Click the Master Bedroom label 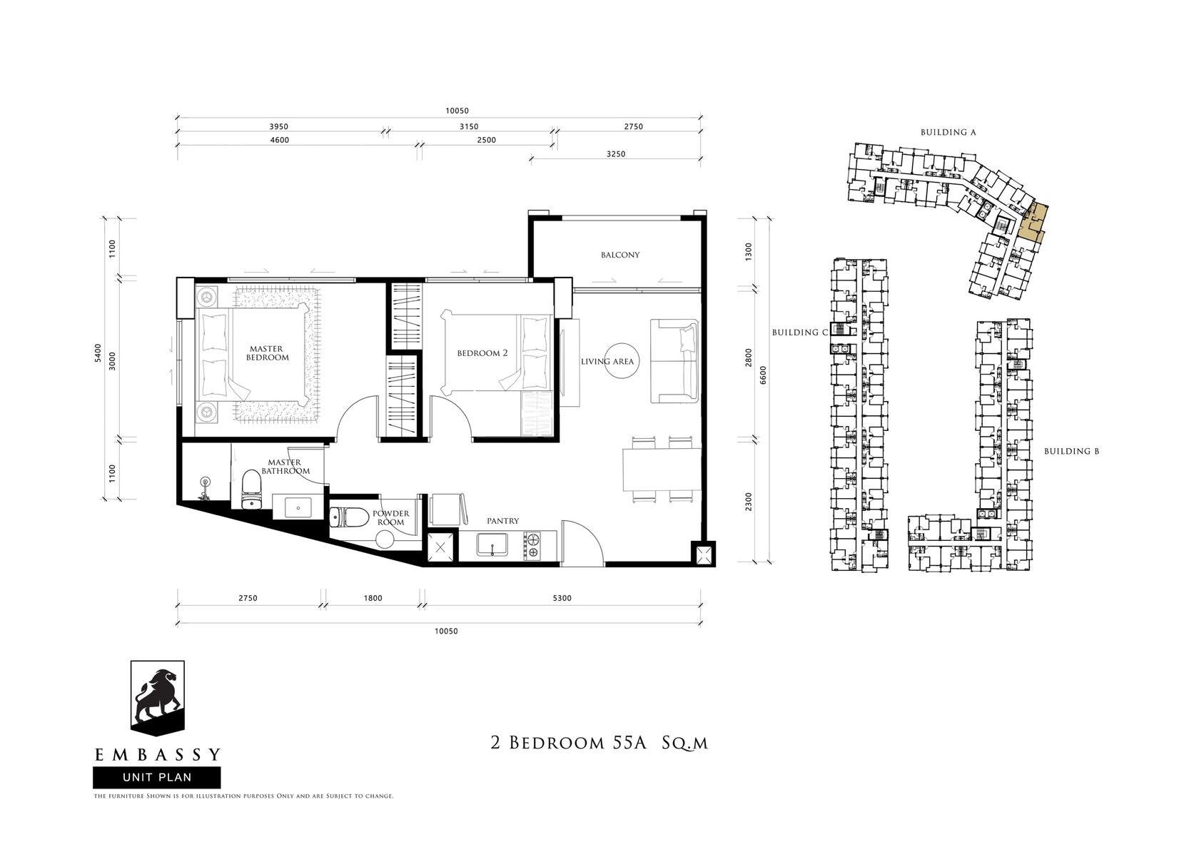(x=267, y=353)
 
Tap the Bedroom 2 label (x=482, y=353)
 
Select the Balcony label (x=619, y=255)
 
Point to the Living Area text (x=607, y=362)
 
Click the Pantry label (x=502, y=521)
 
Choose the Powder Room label (x=391, y=518)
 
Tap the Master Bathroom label (x=285, y=467)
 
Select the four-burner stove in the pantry (x=532, y=546)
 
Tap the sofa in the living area (x=674, y=361)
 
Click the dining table (x=662, y=470)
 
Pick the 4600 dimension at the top (x=280, y=140)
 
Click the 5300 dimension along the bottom (x=562, y=598)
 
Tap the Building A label (x=948, y=132)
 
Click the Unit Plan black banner (x=157, y=778)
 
